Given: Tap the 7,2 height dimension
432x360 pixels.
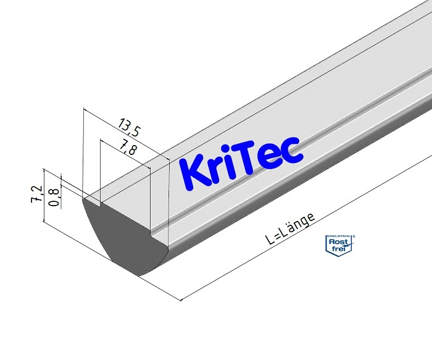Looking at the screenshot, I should click(x=38, y=193).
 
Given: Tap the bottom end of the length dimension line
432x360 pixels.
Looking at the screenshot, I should click(x=180, y=301).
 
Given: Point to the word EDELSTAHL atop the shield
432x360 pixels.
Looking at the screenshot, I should click(x=337, y=237).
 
